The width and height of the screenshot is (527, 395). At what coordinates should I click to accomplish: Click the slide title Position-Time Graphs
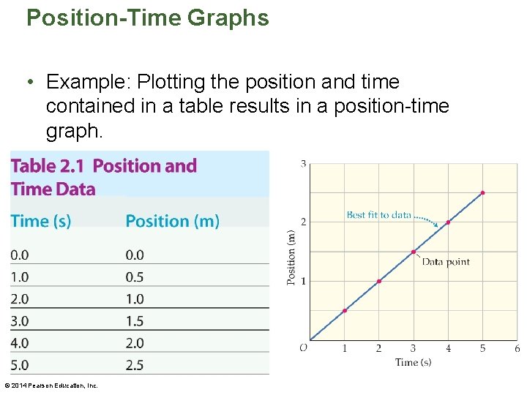click(147, 18)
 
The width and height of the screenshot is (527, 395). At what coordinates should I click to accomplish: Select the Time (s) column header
click(41, 221)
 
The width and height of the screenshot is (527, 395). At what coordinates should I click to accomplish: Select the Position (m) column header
click(172, 221)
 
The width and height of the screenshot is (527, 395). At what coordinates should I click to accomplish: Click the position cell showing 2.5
click(135, 365)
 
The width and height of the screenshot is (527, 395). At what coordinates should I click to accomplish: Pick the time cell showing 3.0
click(20, 321)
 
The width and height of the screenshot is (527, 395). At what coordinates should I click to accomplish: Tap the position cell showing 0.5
click(135, 277)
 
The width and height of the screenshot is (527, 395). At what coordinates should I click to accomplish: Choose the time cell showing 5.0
click(20, 365)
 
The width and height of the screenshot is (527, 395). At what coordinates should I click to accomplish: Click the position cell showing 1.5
click(135, 321)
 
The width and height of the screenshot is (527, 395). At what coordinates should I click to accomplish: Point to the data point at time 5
click(482, 193)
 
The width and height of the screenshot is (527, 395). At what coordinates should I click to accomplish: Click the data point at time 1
click(345, 310)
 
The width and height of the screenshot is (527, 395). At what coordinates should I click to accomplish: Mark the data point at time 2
click(379, 281)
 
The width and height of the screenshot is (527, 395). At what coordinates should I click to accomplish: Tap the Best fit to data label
click(378, 215)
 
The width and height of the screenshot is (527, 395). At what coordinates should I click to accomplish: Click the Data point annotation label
click(446, 262)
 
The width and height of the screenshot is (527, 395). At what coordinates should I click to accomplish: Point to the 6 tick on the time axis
click(517, 349)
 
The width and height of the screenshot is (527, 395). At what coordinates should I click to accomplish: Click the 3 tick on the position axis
click(303, 164)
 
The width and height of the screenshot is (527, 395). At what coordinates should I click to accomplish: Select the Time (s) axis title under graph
click(414, 362)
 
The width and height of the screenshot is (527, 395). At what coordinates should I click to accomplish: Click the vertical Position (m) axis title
click(291, 257)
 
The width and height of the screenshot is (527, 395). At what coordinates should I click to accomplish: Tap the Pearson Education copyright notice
click(51, 385)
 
